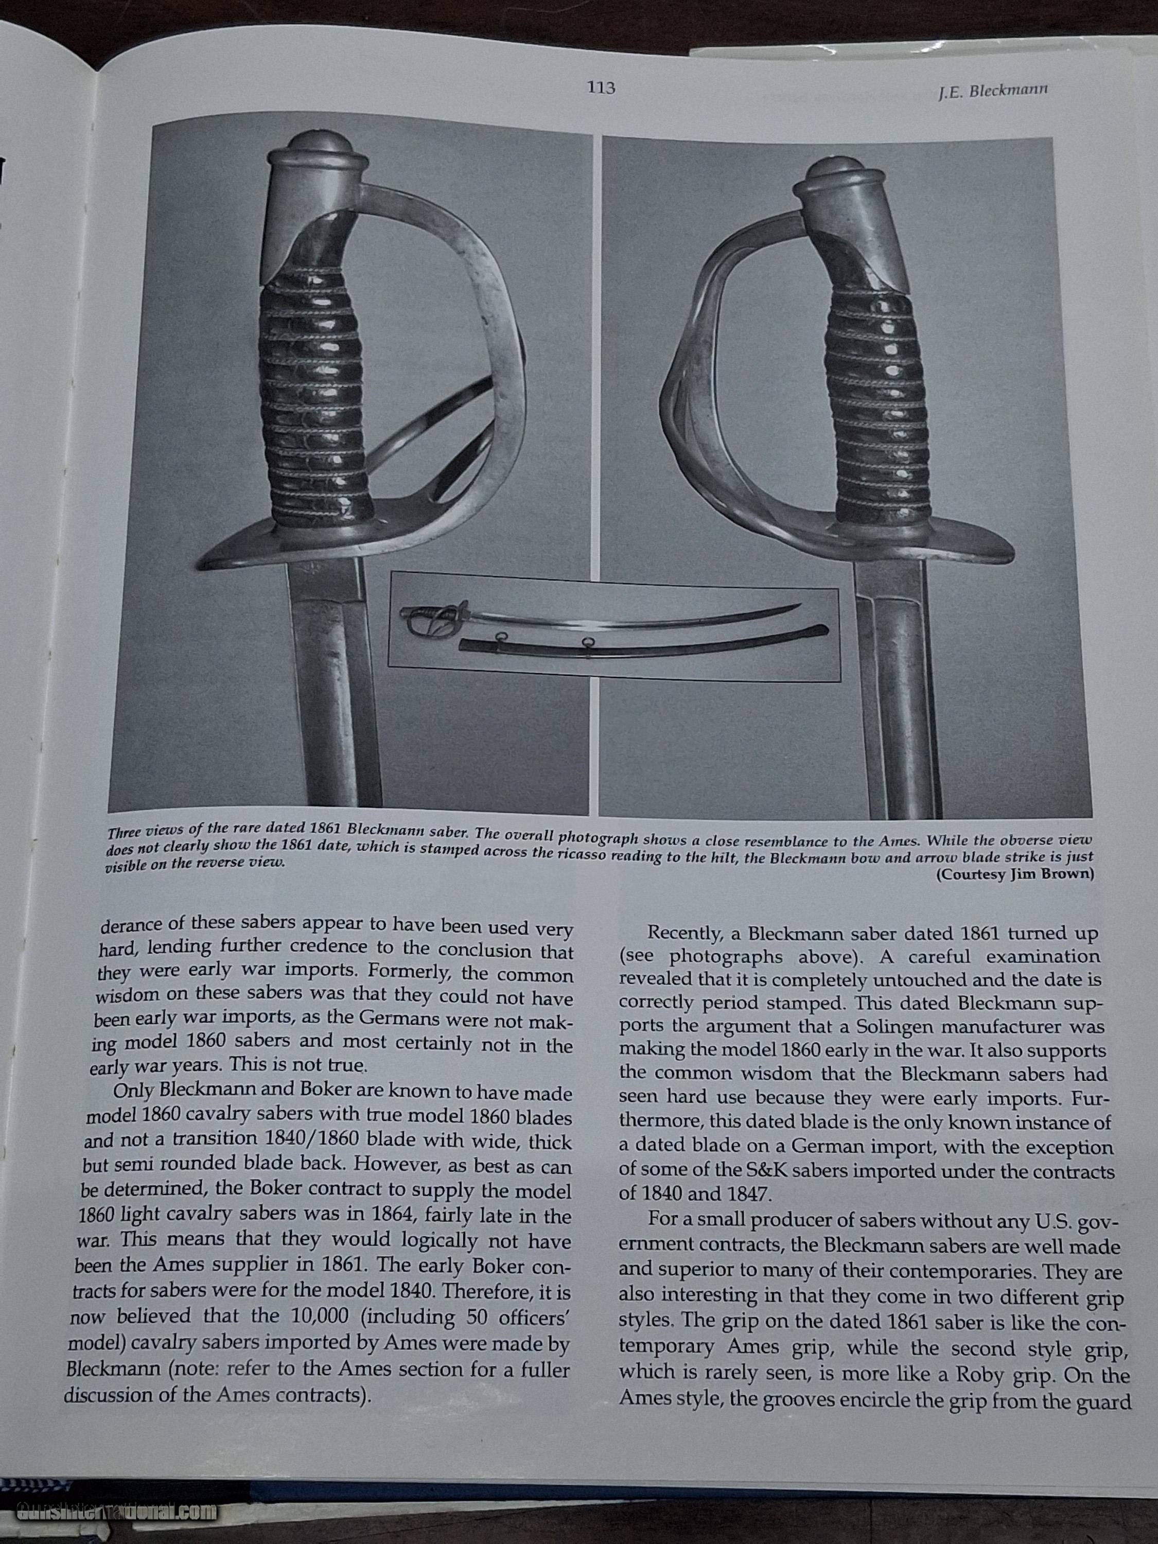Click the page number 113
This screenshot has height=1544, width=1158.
pyautogui.click(x=601, y=88)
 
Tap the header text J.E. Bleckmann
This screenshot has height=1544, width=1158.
pyautogui.click(x=993, y=91)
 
